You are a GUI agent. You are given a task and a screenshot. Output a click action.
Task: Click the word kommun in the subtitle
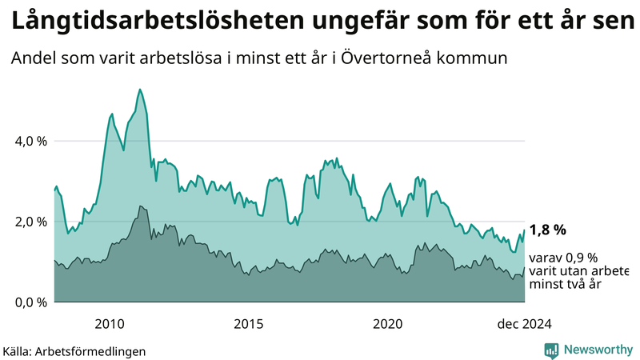pyautogui.click(x=479, y=58)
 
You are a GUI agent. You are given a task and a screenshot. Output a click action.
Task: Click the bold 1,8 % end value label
pyautogui.click(x=548, y=230)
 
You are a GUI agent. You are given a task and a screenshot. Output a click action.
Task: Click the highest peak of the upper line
pyautogui.click(x=140, y=90)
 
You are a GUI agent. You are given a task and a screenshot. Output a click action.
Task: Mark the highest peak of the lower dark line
pyautogui.click(x=141, y=206)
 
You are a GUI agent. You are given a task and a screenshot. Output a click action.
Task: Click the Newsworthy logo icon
pyautogui.click(x=551, y=350)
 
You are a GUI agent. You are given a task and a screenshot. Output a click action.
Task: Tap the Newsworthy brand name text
pyautogui.click(x=596, y=350)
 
